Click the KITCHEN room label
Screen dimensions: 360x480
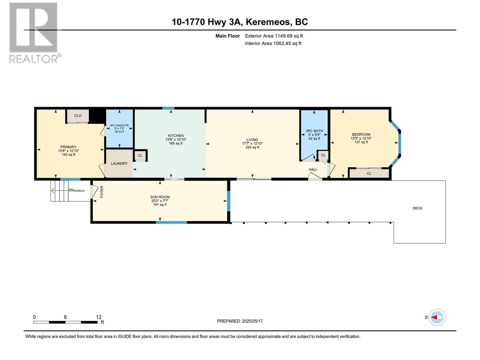[175, 136]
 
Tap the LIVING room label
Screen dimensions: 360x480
[252, 139]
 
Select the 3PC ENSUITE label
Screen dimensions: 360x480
[119, 125]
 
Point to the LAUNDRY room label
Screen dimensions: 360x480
[119, 163]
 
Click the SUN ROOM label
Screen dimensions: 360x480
[160, 197]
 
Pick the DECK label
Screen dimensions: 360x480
[417, 208]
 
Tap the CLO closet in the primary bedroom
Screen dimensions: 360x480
[78, 116]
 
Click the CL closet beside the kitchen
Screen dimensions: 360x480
[140, 155]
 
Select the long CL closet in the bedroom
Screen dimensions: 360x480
[369, 173]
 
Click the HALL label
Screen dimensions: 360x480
[313, 169]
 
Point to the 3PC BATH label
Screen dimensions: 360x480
[314, 131]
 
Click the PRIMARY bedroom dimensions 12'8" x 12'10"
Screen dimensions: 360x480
[68, 151]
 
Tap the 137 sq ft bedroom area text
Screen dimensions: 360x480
[361, 142]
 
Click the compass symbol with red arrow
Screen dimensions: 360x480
[437, 317]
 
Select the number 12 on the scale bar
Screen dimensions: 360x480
[99, 317]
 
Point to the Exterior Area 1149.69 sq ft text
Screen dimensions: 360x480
[274, 36]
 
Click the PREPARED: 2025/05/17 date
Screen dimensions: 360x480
[240, 321]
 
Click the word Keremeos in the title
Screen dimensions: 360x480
[268, 22]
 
